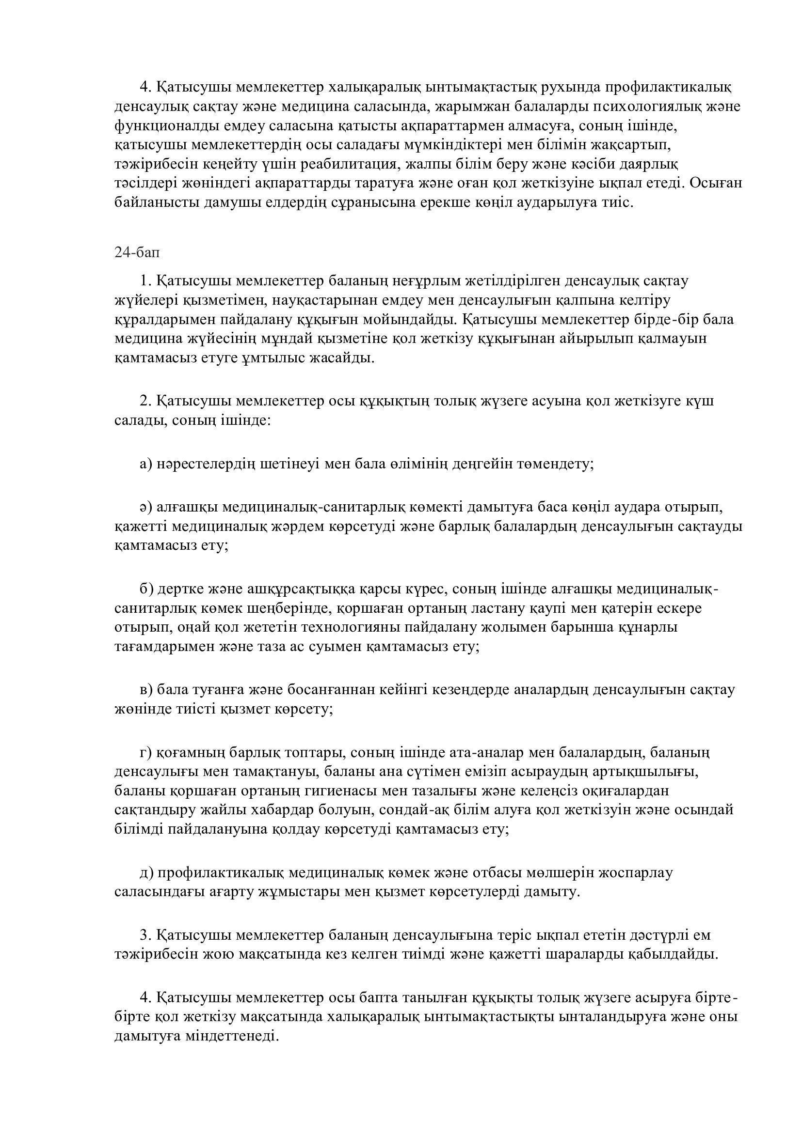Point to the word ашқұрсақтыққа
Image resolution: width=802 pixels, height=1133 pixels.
point(286,589)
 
